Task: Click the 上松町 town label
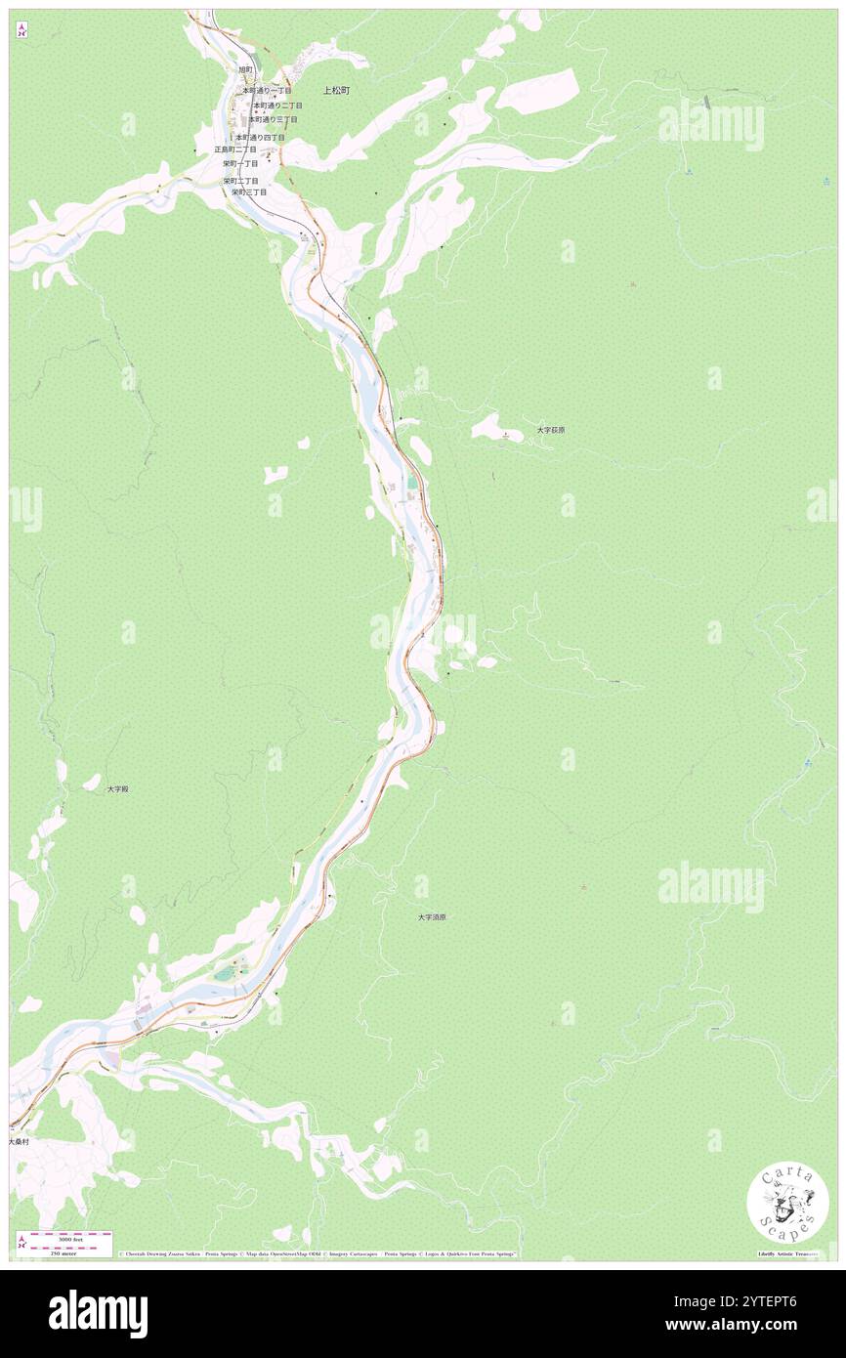pos(336,90)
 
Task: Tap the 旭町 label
pos(245,70)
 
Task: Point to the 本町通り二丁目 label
pos(276,105)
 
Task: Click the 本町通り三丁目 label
pos(273,119)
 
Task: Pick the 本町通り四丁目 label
pos(260,138)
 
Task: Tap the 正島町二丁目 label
pos(235,149)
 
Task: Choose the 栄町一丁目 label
pos(240,164)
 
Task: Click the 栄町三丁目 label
pos(249,192)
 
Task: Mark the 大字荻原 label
pos(551,430)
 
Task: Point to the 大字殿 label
pos(118,788)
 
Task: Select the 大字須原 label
pos(432,917)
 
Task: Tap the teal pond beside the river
pos(412,483)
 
